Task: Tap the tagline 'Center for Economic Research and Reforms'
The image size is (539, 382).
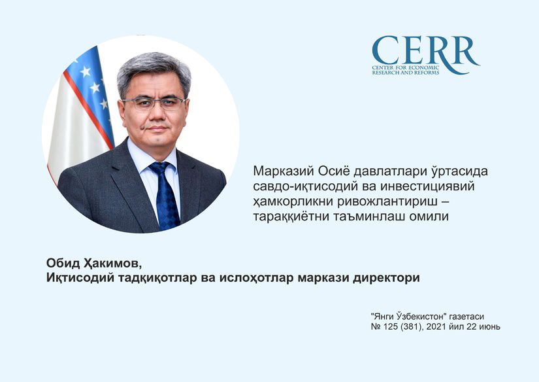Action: [x=406, y=70]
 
